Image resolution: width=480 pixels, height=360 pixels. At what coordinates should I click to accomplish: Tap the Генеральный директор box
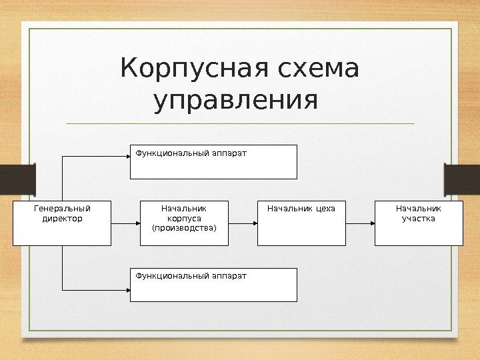click(62, 223)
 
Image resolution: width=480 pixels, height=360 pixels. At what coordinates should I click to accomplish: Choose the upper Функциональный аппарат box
click(213, 161)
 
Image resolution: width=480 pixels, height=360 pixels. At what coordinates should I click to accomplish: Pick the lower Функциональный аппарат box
click(213, 285)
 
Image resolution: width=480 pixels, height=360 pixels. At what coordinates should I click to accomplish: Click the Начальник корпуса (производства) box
click(184, 223)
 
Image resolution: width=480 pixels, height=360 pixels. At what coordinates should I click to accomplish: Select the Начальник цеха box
click(301, 223)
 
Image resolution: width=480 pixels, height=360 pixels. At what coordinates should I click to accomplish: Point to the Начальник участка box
click(419, 223)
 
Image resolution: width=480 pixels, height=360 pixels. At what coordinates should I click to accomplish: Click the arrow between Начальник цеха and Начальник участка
click(360, 223)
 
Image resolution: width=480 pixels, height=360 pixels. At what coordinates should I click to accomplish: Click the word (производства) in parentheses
click(185, 229)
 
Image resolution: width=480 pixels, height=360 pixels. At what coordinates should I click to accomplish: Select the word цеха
click(323, 209)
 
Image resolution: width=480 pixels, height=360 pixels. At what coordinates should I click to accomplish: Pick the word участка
click(419, 219)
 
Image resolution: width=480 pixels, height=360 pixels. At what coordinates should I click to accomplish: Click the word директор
click(62, 219)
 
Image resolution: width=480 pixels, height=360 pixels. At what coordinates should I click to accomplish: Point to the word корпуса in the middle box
click(185, 219)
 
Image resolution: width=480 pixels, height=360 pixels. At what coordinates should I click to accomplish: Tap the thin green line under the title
click(240, 123)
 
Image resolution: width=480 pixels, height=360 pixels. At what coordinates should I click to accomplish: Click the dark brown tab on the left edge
click(17, 180)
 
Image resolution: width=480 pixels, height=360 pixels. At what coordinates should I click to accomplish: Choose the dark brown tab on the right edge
click(463, 180)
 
